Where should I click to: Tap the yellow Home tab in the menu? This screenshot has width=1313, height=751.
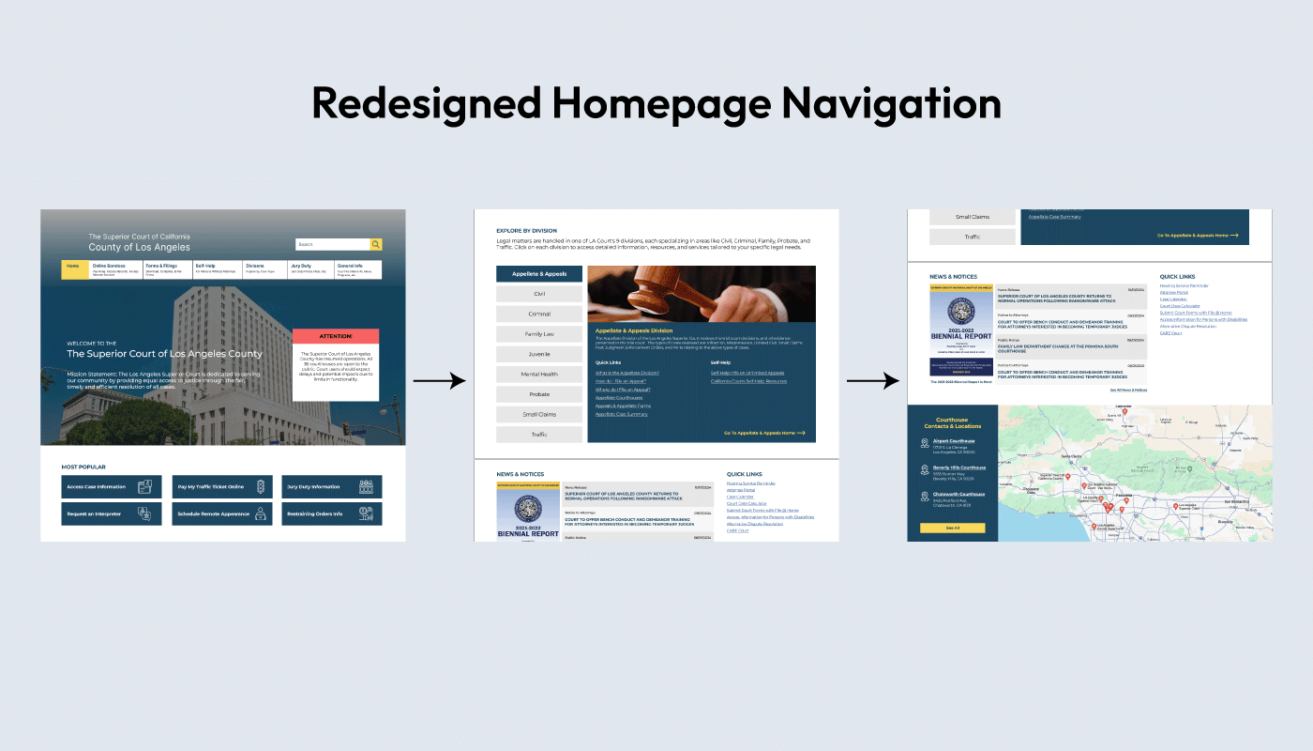74,269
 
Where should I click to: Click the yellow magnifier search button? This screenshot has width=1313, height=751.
376,244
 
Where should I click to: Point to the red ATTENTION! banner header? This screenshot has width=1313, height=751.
335,336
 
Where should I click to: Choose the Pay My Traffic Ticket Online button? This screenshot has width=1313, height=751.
222,486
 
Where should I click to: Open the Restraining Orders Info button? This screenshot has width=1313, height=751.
331,513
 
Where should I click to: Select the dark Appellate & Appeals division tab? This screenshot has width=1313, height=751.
539,274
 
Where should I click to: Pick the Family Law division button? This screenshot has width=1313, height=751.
539,334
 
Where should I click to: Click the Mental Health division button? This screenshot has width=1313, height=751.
539,375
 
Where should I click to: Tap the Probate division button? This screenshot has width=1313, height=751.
539,394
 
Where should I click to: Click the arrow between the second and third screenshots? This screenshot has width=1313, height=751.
872,381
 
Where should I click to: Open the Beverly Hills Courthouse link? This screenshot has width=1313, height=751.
958,467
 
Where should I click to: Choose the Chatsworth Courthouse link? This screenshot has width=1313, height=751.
958,494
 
